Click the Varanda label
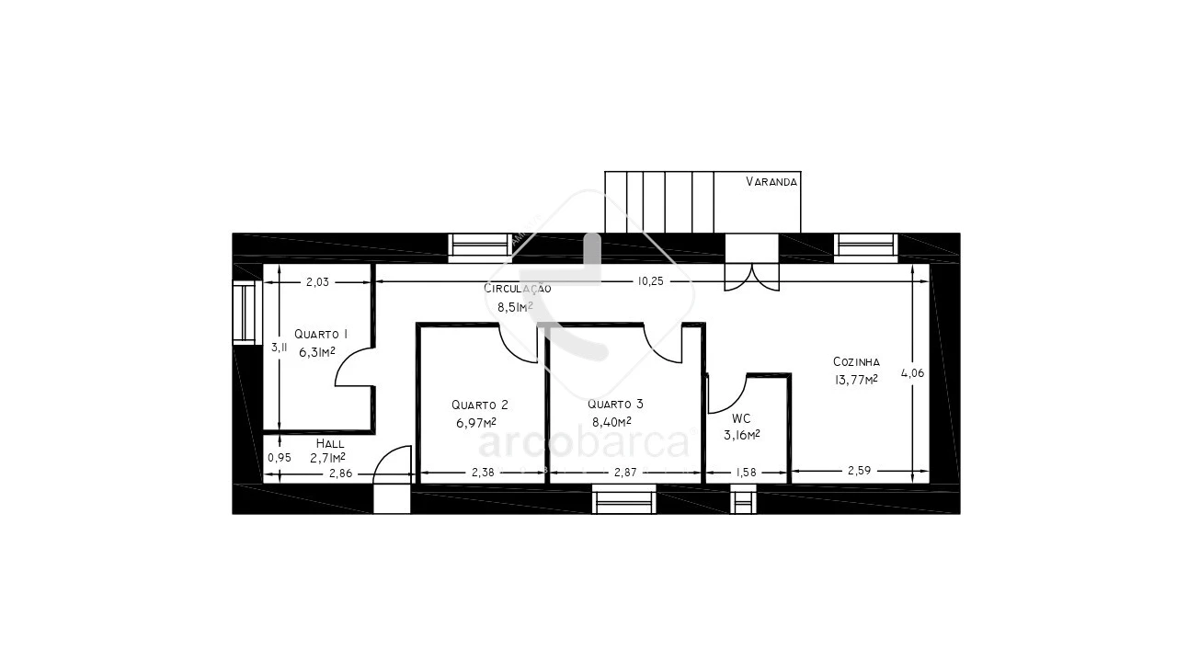[771, 182]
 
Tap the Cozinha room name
[856, 361]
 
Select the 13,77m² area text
[856, 380]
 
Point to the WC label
[741, 418]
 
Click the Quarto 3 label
[615, 404]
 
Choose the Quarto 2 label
[480, 405]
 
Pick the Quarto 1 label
[321, 334]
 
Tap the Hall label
[330, 443]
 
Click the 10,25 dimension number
[650, 281]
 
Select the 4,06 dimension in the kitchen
[912, 373]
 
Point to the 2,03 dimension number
[317, 282]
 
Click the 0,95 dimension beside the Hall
[279, 458]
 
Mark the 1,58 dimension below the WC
[746, 473]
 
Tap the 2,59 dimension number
[859, 471]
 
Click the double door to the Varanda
[752, 278]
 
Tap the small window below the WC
[743, 498]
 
